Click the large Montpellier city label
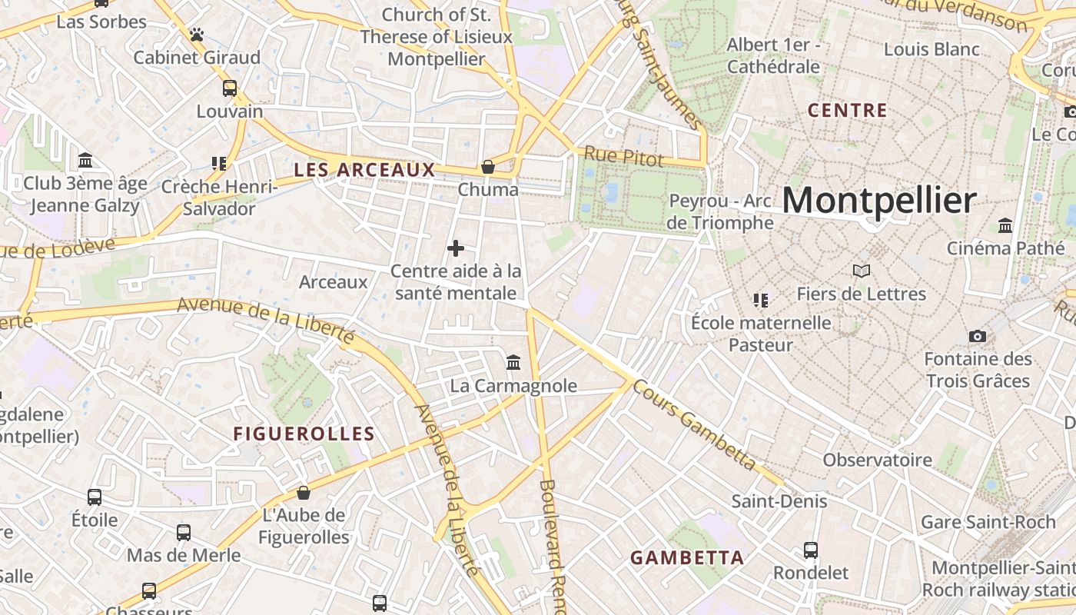click(879, 201)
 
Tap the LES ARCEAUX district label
click(365, 170)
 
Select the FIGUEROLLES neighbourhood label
click(304, 434)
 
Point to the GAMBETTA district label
click(687, 558)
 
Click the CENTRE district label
click(848, 111)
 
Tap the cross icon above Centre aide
click(456, 248)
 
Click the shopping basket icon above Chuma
click(487, 167)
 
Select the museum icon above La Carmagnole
click(513, 362)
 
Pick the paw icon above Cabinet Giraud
click(197, 35)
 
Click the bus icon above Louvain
click(230, 88)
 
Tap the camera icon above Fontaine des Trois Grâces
click(978, 336)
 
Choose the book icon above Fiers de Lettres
click(862, 271)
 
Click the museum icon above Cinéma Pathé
click(1005, 225)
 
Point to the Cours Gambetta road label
click(695, 425)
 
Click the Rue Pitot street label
click(623, 156)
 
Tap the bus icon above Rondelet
click(811, 550)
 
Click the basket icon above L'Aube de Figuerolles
click(304, 493)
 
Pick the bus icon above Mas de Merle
click(184, 532)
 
